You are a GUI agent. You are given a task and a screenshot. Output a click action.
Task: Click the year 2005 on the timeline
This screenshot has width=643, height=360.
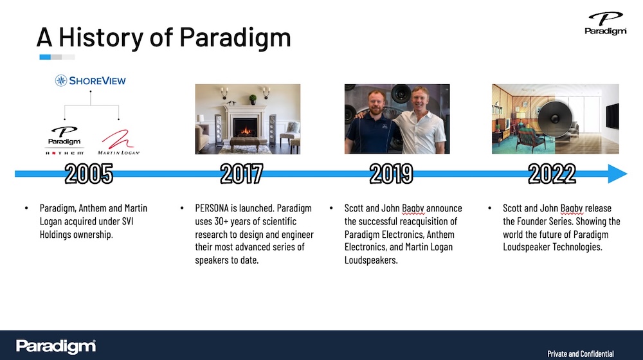click(89, 174)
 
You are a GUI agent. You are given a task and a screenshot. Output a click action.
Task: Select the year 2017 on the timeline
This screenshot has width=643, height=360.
click(242, 174)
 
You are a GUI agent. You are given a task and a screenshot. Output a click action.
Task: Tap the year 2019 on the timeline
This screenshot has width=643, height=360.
click(391, 174)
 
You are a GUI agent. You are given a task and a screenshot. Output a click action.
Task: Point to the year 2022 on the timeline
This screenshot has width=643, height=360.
click(552, 174)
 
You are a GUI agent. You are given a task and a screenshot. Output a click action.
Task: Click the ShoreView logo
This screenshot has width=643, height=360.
click(91, 80)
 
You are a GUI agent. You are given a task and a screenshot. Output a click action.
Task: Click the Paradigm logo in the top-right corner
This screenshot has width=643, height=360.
click(605, 23)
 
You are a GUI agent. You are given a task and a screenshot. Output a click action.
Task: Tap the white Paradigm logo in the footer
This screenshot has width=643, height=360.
click(56, 346)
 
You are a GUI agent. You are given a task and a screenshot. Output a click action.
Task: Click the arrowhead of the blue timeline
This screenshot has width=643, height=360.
click(617, 174)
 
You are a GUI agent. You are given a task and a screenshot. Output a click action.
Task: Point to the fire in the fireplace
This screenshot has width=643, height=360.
click(246, 130)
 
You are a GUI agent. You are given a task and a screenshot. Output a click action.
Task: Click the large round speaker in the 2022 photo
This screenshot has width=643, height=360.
click(554, 118)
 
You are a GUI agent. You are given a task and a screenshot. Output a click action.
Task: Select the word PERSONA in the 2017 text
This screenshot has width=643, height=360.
click(212, 208)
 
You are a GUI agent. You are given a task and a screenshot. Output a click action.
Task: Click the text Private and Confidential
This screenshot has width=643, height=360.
click(580, 354)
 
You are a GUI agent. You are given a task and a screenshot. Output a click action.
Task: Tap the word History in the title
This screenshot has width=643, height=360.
click(101, 37)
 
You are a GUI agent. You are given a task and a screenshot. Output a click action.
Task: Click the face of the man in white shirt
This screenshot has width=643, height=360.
click(419, 100)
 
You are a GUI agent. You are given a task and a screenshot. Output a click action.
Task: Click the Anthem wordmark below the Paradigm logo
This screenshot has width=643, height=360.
click(64, 153)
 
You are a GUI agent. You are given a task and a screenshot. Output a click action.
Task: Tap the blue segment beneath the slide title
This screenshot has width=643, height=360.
click(45, 57)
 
